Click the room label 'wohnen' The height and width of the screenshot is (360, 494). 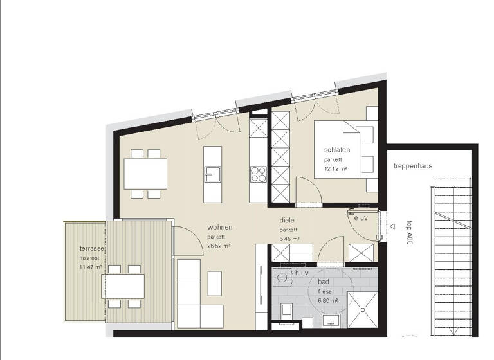point(219,228)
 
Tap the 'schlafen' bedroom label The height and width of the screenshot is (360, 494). point(337,150)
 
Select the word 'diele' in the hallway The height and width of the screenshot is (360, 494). point(287,219)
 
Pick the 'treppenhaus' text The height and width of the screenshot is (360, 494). point(413,166)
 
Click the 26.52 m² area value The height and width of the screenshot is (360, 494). point(219,246)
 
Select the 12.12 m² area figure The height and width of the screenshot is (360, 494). point(336,168)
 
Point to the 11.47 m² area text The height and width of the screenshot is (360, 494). point(90,265)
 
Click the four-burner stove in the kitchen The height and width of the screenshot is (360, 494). point(259,174)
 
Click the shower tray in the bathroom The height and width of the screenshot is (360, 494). point(364,307)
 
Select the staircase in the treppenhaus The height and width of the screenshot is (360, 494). point(453,257)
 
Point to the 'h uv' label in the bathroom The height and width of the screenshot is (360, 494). point(302,273)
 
